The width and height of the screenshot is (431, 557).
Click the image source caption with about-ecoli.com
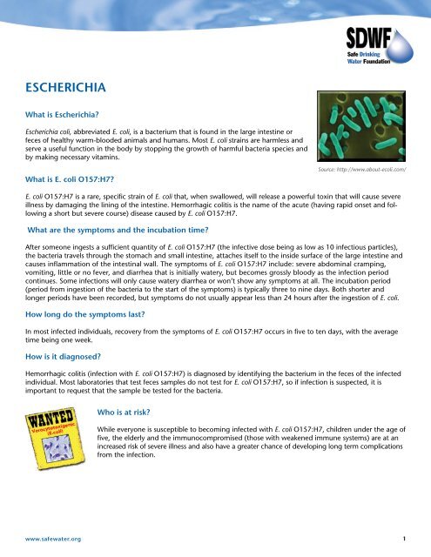coord(369,181)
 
